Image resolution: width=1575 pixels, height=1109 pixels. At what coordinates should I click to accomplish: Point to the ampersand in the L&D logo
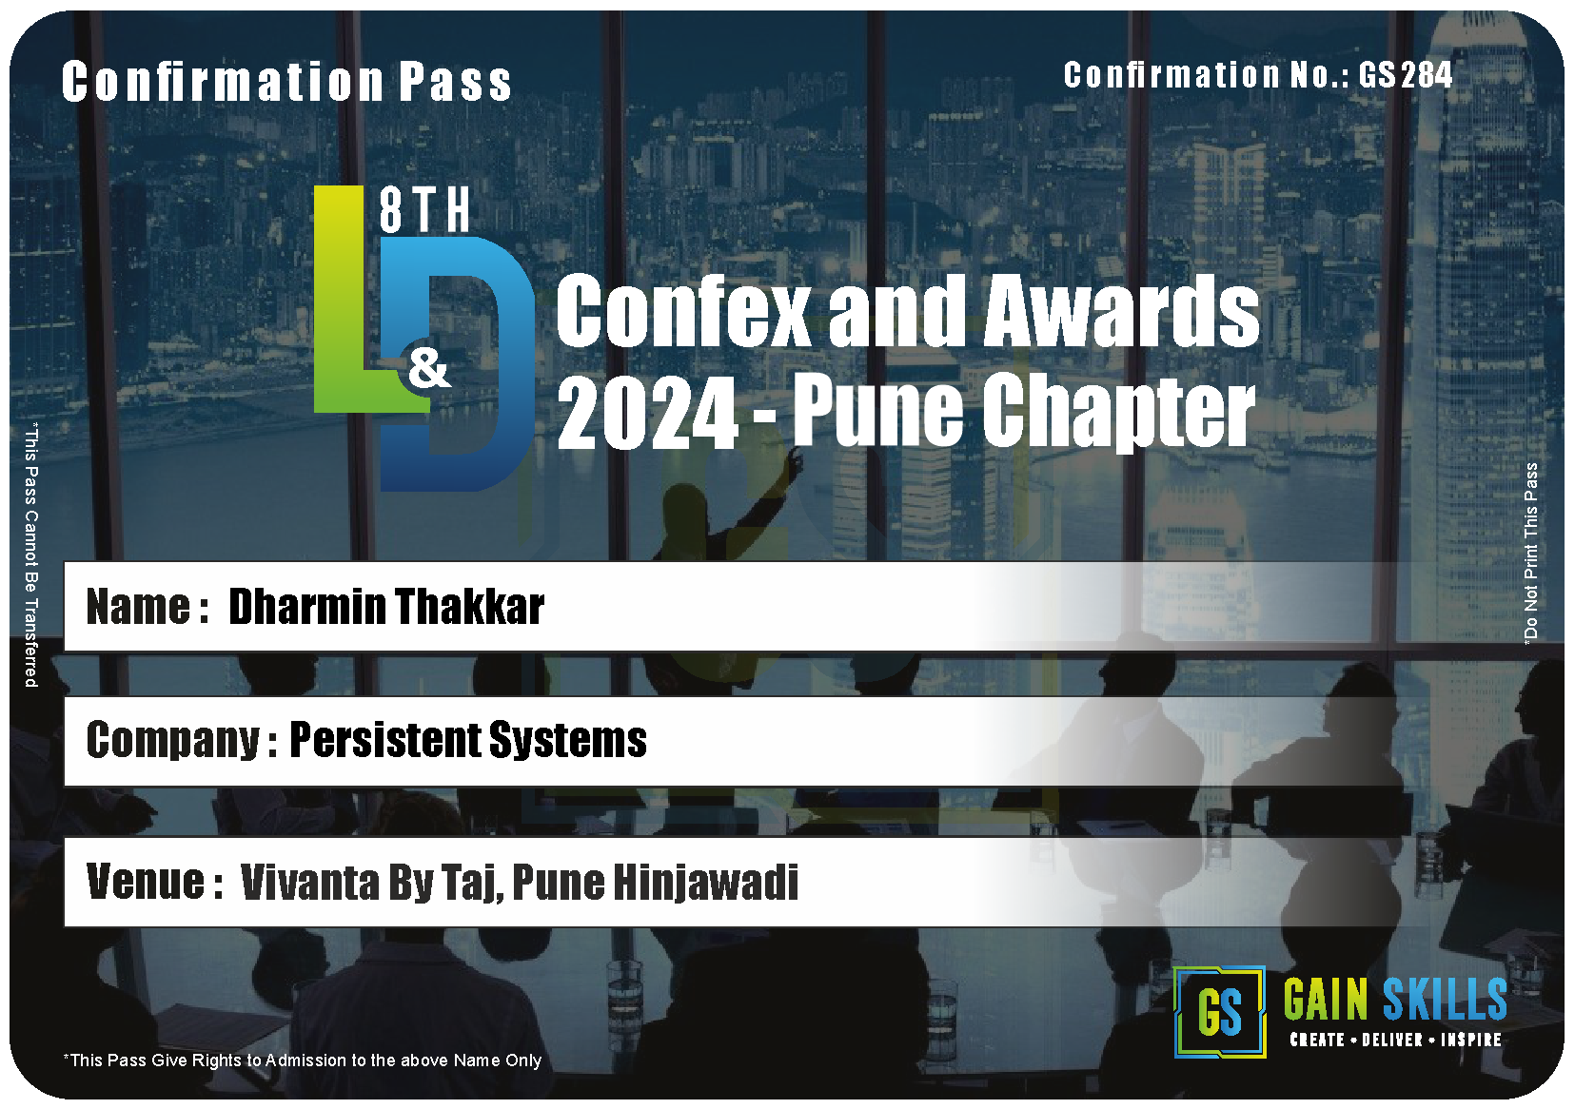(429, 369)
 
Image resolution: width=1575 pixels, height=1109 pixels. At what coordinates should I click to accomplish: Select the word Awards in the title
(1121, 310)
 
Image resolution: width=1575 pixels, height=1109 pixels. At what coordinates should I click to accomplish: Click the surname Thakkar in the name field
(469, 606)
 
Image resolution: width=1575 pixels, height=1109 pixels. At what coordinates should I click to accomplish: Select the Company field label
(181, 741)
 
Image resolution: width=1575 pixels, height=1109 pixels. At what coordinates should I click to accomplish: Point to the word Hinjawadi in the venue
(705, 883)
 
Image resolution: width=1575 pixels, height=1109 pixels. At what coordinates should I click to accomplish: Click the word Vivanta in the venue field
(309, 883)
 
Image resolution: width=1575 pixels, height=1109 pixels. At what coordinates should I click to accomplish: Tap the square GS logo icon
(1220, 1012)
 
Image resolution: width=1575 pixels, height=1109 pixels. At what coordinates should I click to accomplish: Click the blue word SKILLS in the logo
(1445, 999)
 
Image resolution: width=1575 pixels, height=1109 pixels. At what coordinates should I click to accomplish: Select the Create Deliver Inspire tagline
(1396, 1040)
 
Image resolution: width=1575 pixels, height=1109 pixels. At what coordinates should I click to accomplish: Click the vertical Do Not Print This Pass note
(1530, 553)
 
